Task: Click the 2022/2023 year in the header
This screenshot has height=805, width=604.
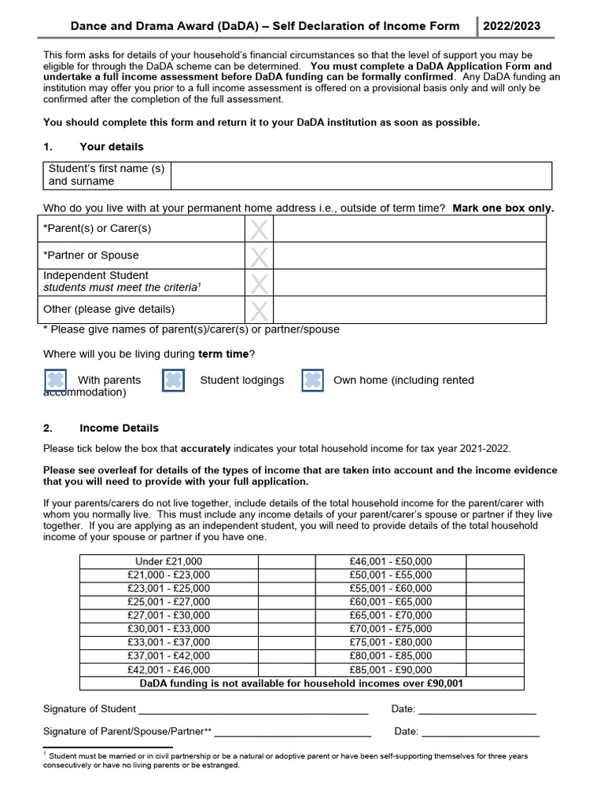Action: (511, 26)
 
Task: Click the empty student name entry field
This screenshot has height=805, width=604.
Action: (360, 175)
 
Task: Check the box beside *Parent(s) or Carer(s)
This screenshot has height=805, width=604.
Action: (259, 229)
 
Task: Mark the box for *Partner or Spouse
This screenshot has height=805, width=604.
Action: (259, 255)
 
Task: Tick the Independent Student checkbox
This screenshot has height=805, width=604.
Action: (259, 282)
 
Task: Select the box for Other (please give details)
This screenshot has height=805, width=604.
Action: (259, 310)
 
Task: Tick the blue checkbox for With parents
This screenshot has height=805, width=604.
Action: (55, 380)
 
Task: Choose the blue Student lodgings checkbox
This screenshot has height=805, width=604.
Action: (173, 380)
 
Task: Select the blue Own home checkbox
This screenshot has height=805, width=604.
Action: (312, 380)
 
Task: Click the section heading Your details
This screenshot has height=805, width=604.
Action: (111, 147)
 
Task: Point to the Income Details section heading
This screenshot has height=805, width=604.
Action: (119, 428)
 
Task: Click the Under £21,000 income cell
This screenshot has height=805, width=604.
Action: (168, 561)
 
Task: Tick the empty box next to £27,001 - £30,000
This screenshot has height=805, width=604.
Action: (286, 616)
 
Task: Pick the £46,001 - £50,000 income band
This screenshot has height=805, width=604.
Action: (390, 561)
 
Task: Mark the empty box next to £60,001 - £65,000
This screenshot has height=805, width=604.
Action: (495, 602)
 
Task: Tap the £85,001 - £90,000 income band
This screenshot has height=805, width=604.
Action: (390, 670)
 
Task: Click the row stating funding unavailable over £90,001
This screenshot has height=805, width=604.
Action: (301, 684)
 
